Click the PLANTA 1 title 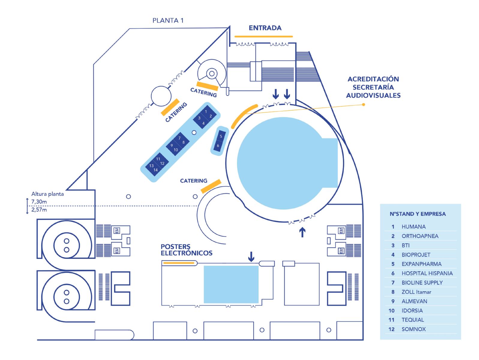[x=168, y=20]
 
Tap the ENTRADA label [x=265, y=28]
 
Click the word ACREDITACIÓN [x=373, y=79]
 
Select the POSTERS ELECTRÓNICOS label [x=186, y=250]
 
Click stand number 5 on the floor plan [x=221, y=136]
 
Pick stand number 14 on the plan [x=155, y=170]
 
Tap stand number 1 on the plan [x=206, y=112]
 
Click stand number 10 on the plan [x=176, y=150]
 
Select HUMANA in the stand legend [x=413, y=226]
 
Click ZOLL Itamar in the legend [x=416, y=292]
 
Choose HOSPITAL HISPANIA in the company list [x=427, y=273]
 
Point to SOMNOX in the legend [x=413, y=329]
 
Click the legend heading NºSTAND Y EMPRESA [x=417, y=214]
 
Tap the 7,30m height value [x=39, y=202]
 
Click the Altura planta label [x=47, y=194]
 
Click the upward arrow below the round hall [x=302, y=232]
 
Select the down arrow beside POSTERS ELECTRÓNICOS [x=251, y=256]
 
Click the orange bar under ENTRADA [x=263, y=37]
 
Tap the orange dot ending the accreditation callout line [x=364, y=104]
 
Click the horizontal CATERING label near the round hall [x=193, y=181]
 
